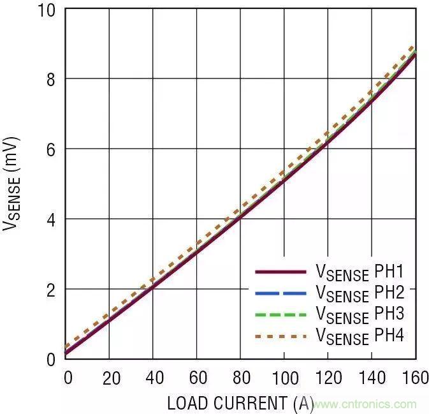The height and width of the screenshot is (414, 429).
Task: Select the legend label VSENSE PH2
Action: (360, 294)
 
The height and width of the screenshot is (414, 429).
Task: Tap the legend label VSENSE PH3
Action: (360, 314)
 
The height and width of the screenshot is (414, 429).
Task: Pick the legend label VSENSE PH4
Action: (360, 335)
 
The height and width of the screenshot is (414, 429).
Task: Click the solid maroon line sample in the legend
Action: (280, 272)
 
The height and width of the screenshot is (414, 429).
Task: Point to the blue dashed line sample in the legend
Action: (280, 292)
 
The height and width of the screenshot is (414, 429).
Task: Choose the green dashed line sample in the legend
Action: (280, 313)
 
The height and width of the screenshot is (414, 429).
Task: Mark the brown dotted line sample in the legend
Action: (280, 333)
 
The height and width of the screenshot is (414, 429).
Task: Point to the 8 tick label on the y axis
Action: (51, 80)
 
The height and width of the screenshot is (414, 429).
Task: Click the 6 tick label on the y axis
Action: (51, 149)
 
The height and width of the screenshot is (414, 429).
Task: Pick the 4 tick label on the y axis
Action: (51, 219)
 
